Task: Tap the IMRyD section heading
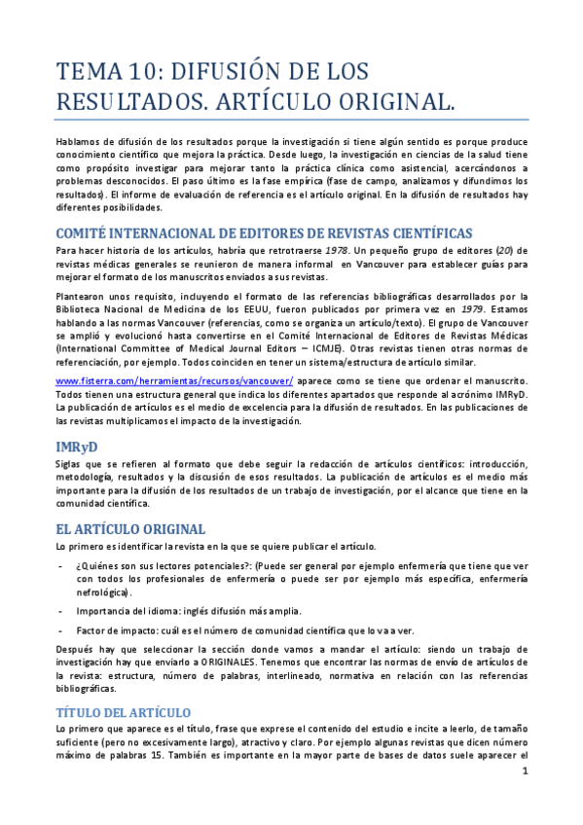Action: point(77,446)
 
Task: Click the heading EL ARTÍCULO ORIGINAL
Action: point(130,529)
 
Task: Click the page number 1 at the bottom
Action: point(525,772)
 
